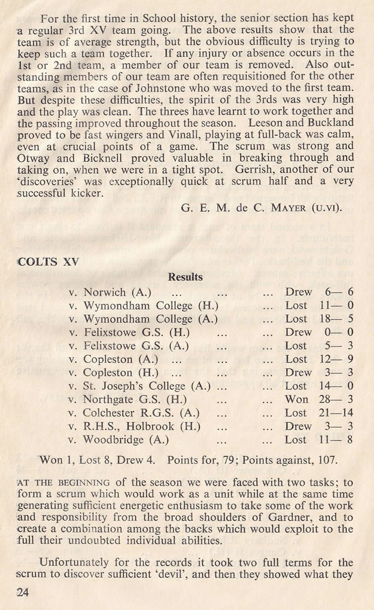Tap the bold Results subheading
click(185, 277)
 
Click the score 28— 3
click(337, 399)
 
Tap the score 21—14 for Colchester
click(337, 413)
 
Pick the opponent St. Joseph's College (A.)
click(147, 386)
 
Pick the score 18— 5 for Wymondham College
click(337, 318)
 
